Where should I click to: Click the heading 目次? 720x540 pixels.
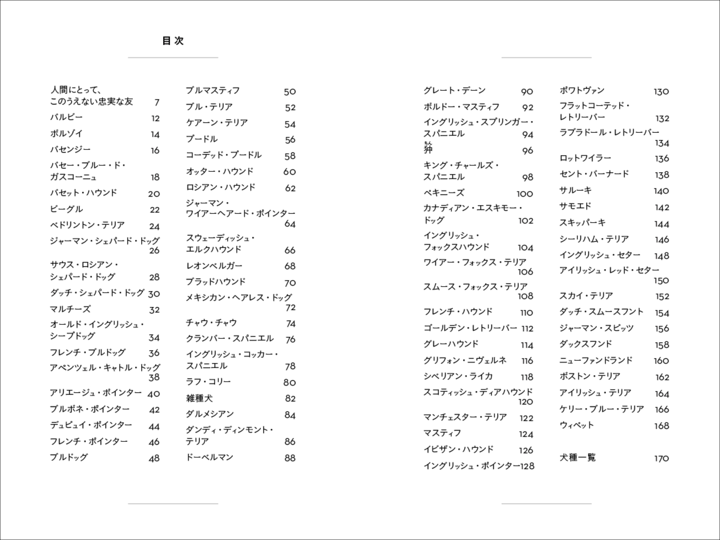pos(173,41)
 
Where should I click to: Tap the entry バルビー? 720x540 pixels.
pos(66,117)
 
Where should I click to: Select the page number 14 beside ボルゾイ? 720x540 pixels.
pos(155,135)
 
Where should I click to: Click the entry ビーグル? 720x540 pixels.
pos(66,209)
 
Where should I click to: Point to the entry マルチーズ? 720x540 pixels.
pos(70,309)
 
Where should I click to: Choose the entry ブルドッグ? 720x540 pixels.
pos(69,458)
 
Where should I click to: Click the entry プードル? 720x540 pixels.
pos(202,139)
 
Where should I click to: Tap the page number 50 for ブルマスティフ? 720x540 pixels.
pos(290,92)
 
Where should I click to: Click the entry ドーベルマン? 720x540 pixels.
pos(209,458)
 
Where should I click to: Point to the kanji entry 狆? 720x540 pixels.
pos(428,149)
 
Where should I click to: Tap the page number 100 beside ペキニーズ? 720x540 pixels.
pos(524,194)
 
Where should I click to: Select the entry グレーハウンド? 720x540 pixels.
pos(451,344)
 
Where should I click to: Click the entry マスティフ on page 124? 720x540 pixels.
pos(442,433)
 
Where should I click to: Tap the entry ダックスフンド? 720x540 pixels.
pos(585,344)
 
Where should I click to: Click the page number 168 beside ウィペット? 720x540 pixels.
pos(661,426)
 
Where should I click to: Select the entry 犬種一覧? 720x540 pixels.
pos(577,458)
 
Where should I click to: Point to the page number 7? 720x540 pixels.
pos(157,103)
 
